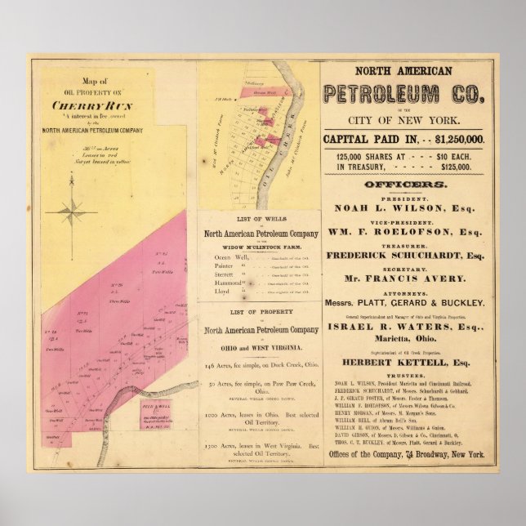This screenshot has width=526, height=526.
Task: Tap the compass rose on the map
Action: pyautogui.click(x=71, y=211)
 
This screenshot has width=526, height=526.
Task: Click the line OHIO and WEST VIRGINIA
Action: pyautogui.click(x=257, y=343)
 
